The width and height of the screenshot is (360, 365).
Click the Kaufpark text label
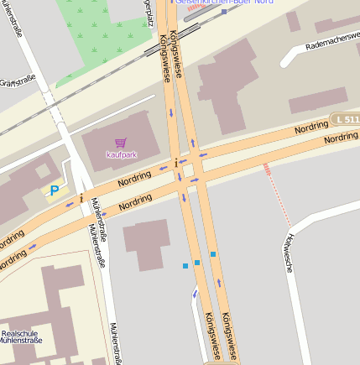pos(121,154)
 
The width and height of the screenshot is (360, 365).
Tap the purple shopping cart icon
pos(121,143)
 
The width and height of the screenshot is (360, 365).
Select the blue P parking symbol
pos(55,191)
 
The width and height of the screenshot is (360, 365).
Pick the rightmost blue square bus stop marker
pos(213,253)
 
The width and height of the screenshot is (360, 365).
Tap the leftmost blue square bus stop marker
pos(185,266)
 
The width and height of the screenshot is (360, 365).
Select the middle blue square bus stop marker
pos(197,263)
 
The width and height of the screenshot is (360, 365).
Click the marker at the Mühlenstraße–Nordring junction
pos(81,199)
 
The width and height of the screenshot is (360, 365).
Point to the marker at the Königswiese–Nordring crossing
pos(175,162)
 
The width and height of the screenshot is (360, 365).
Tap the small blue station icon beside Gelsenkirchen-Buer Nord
pos(223,12)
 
